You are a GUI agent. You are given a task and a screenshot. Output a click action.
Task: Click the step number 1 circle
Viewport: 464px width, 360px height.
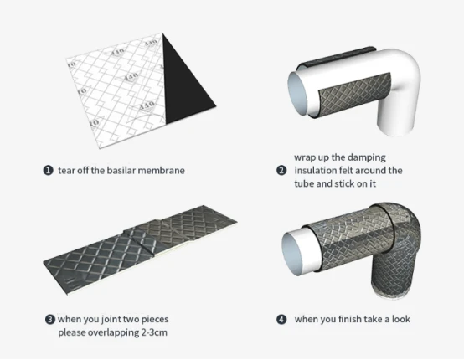48,171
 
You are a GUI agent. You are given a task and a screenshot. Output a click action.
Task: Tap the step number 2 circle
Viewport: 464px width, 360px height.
281,171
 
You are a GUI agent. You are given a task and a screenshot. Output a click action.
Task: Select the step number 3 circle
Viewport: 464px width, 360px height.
49,320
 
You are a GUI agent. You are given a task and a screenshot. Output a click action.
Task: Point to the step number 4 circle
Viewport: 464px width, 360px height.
281,320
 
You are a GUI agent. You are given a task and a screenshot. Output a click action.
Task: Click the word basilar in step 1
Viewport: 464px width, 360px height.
121,171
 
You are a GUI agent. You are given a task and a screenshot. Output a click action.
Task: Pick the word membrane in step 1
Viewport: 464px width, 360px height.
162,171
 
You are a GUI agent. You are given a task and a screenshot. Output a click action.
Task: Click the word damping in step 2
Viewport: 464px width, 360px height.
367,157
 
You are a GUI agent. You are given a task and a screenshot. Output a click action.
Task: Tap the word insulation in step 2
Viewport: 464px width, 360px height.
317,171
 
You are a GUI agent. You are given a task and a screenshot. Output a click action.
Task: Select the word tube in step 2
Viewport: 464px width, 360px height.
304,183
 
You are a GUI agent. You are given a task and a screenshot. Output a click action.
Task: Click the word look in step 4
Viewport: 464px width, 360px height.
401,319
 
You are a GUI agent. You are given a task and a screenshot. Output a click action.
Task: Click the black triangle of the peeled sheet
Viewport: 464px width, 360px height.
184,85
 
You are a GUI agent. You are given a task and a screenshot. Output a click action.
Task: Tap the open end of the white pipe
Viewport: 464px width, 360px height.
299,93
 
